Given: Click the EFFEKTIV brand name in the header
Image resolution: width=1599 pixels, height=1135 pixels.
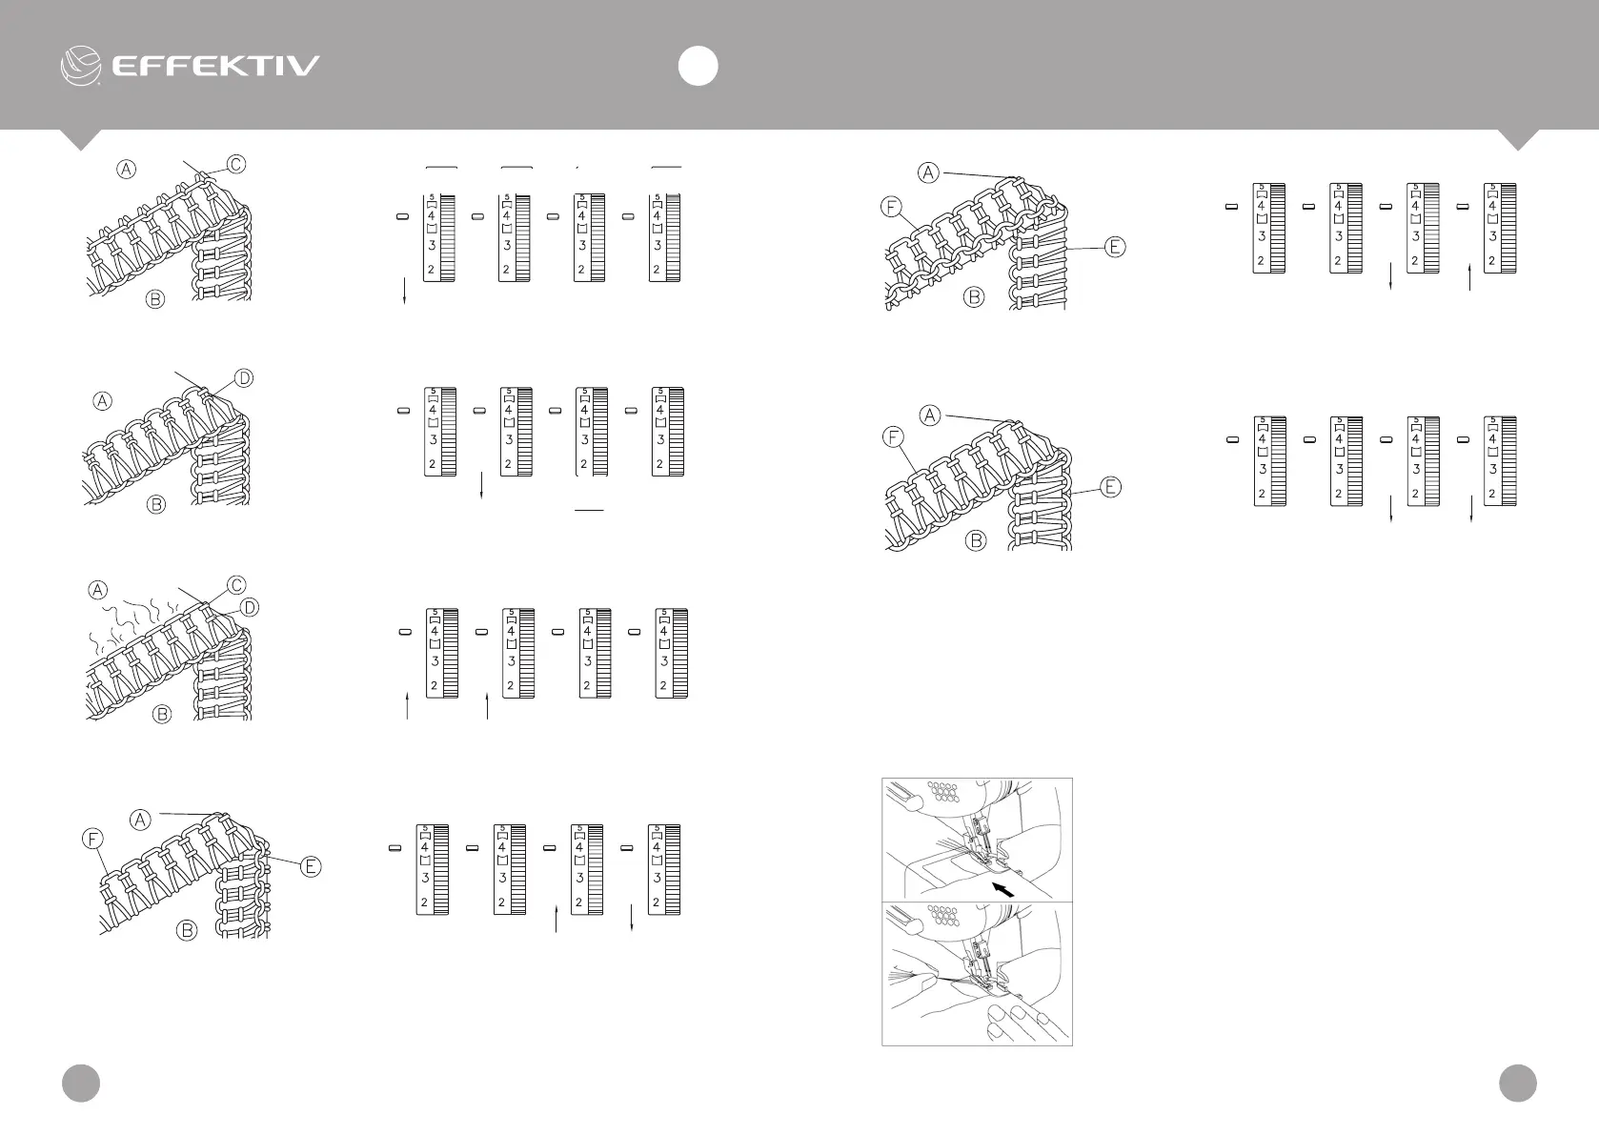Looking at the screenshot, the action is click(x=216, y=66).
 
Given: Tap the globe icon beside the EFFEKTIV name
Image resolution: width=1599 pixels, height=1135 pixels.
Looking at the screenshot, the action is click(x=81, y=65).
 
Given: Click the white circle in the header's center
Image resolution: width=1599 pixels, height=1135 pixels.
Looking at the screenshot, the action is click(x=698, y=67).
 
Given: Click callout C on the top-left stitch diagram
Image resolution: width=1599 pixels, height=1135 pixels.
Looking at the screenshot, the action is click(x=235, y=164).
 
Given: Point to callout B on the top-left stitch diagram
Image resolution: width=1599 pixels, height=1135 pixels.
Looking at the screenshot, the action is click(x=155, y=299).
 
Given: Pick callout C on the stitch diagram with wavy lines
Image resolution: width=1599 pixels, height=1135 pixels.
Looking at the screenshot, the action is click(x=235, y=584).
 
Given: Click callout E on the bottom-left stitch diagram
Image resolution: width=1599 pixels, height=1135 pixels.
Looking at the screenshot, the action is click(x=311, y=866).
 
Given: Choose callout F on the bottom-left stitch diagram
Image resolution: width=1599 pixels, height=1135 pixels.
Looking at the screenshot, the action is click(x=91, y=840).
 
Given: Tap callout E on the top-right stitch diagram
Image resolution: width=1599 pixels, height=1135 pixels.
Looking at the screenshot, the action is click(x=1115, y=247).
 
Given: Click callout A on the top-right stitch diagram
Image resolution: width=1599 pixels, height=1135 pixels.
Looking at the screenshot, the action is click(x=928, y=172).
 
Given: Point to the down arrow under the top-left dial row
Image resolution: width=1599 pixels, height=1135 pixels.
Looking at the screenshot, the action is click(x=407, y=292).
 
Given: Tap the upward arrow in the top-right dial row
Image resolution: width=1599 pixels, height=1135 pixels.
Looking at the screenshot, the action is click(x=1470, y=277).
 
